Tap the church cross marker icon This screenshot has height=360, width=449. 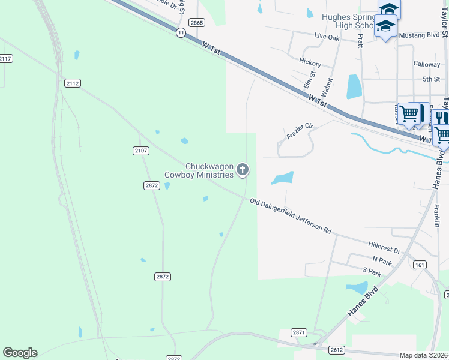click(x=243, y=170)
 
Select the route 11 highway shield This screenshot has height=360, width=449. click(x=180, y=33)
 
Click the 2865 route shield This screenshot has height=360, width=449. click(x=196, y=22)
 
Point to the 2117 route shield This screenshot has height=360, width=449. click(x=5, y=58)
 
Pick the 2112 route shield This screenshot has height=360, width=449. click(x=73, y=83)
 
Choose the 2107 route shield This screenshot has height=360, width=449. click(x=141, y=150)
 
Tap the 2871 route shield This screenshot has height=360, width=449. click(x=299, y=332)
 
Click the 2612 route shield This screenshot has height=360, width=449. click(x=337, y=349)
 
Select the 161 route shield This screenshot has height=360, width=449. click(x=420, y=265)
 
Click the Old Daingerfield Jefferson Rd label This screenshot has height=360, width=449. click(x=291, y=216)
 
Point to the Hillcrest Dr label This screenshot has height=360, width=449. click(x=385, y=247)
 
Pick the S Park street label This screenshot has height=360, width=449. click(x=372, y=272)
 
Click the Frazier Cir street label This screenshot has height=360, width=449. click(x=301, y=131)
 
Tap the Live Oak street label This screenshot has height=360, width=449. click(x=327, y=37)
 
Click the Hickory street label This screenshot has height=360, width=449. click(x=310, y=63)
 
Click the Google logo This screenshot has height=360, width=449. click(x=20, y=353)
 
